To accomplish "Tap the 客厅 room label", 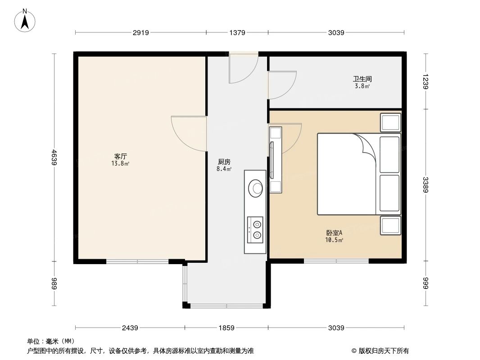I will pyautogui.click(x=120, y=156).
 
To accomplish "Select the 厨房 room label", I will pyautogui.click(x=224, y=162).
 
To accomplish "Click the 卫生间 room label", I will pyautogui.click(x=362, y=79).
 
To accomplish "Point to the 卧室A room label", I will pyautogui.click(x=334, y=233).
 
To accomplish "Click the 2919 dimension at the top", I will pyautogui.click(x=140, y=32).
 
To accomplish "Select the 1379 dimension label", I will pyautogui.click(x=237, y=32).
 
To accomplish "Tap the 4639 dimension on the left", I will pyautogui.click(x=54, y=157).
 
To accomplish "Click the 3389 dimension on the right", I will pyautogui.click(x=426, y=184).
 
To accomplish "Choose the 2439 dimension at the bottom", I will pyautogui.click(x=130, y=328).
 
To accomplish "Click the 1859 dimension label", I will pyautogui.click(x=226, y=328).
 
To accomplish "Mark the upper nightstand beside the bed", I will pyautogui.click(x=390, y=122).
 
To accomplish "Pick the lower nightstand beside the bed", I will pyautogui.click(x=390, y=225).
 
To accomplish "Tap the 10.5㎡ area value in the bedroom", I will pyautogui.click(x=334, y=240).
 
